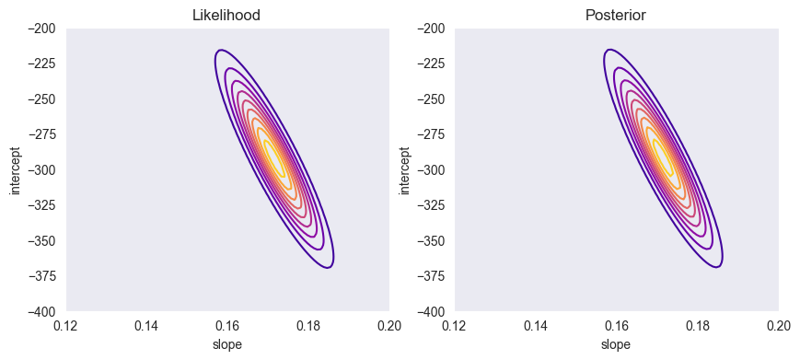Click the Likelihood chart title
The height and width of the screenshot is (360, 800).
[227, 16]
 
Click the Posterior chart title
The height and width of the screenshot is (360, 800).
[617, 16]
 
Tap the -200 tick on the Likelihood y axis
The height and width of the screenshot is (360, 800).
[42, 29]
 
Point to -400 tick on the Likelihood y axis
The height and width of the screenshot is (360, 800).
[42, 312]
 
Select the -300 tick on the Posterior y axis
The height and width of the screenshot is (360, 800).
[432, 170]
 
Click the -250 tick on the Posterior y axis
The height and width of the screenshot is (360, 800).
[432, 99]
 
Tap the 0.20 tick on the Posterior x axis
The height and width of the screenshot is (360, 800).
[779, 326]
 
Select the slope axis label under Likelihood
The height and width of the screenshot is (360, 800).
[227, 343]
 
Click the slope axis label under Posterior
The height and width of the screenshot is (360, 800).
[617, 343]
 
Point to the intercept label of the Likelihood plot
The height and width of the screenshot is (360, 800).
[14, 170]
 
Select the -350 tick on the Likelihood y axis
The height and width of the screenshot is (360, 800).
[42, 241]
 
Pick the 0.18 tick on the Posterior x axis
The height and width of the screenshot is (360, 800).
[698, 326]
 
